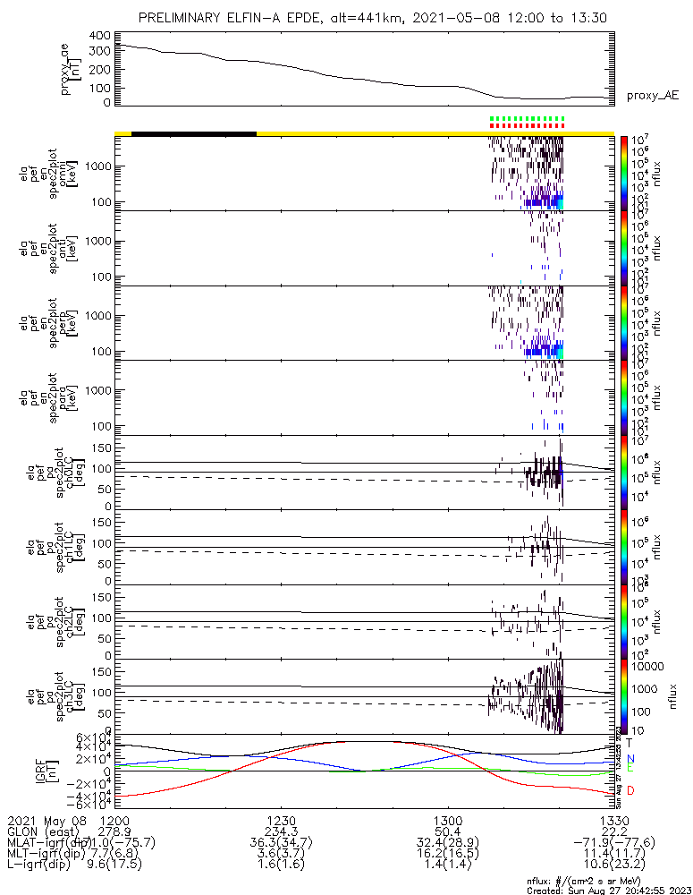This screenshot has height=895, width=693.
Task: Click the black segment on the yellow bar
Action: (194, 133)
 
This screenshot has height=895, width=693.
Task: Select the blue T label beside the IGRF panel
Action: (629, 743)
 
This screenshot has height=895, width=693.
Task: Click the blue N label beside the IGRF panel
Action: (630, 758)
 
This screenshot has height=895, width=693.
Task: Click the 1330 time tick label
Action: (613, 820)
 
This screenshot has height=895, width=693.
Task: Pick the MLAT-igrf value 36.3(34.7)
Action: (281, 843)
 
